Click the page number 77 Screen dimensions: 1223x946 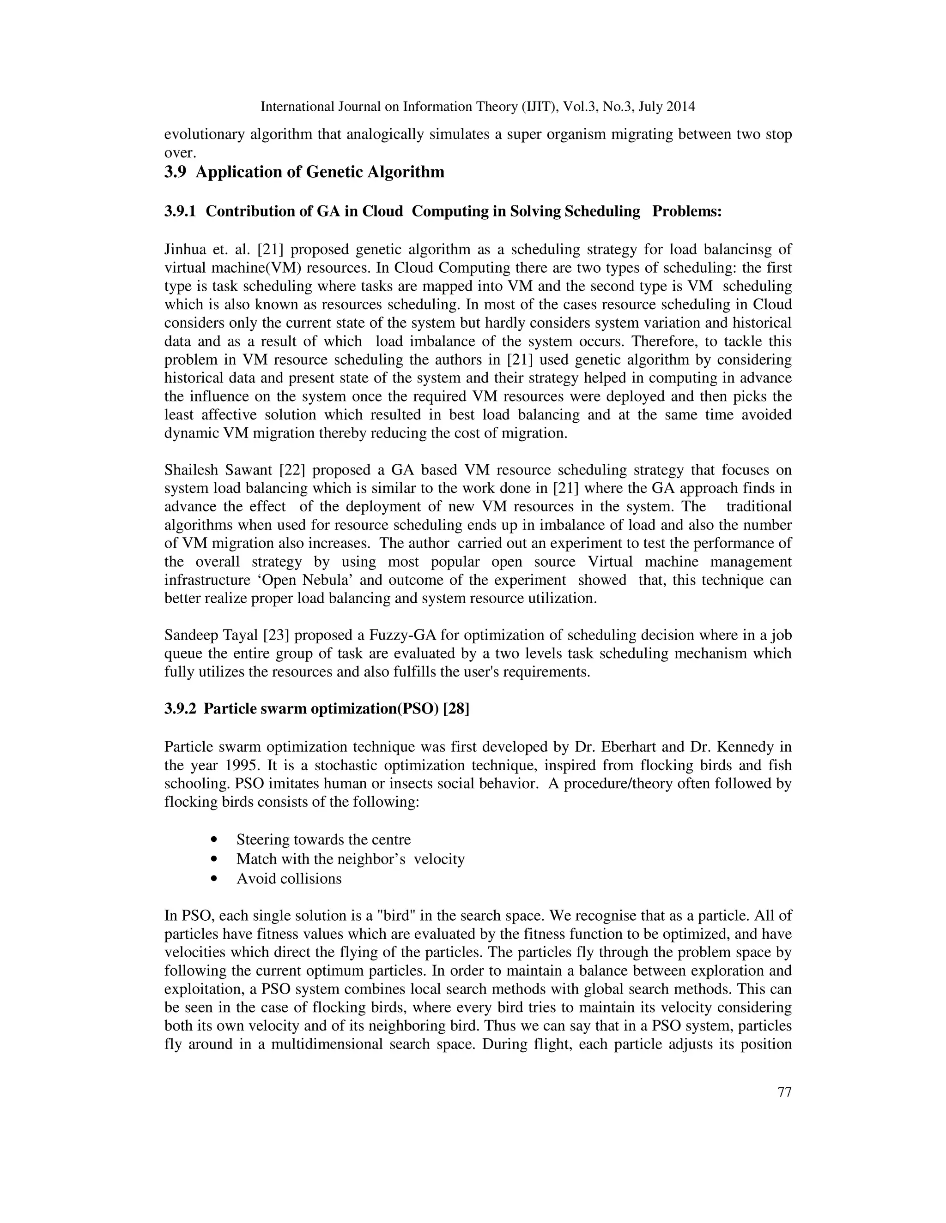785,1092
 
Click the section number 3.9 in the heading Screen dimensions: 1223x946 175,172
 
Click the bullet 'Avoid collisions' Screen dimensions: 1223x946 289,879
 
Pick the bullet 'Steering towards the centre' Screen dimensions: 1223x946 323,839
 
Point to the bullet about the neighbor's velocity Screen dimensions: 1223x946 350,859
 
